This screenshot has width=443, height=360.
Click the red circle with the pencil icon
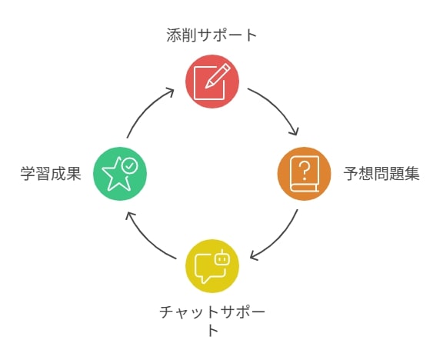pyautogui.click(x=212, y=82)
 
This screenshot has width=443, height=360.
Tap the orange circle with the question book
pyautogui.click(x=304, y=174)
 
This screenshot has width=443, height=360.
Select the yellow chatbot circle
pyautogui.click(x=212, y=266)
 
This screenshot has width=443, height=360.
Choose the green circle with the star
pyautogui.click(x=120, y=174)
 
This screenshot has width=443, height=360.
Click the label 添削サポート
pyautogui.click(x=212, y=35)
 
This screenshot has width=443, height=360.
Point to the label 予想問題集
pyautogui.click(x=381, y=174)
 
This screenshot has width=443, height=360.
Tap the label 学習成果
pyautogui.click(x=51, y=174)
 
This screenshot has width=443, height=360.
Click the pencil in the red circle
pyautogui.click(x=218, y=76)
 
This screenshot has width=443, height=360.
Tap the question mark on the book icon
pyautogui.click(x=305, y=171)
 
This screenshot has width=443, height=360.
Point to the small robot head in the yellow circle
pyautogui.click(x=222, y=258)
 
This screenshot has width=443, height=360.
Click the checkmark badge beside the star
pyautogui.click(x=129, y=165)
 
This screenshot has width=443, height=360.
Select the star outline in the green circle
pyautogui.click(x=116, y=175)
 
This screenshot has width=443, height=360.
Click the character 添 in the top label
pyautogui.click(x=174, y=35)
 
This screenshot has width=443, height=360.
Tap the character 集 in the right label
pyautogui.click(x=412, y=174)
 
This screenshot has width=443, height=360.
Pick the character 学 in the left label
pyautogui.click(x=28, y=174)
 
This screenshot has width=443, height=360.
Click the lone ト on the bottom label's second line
pyautogui.click(x=213, y=330)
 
